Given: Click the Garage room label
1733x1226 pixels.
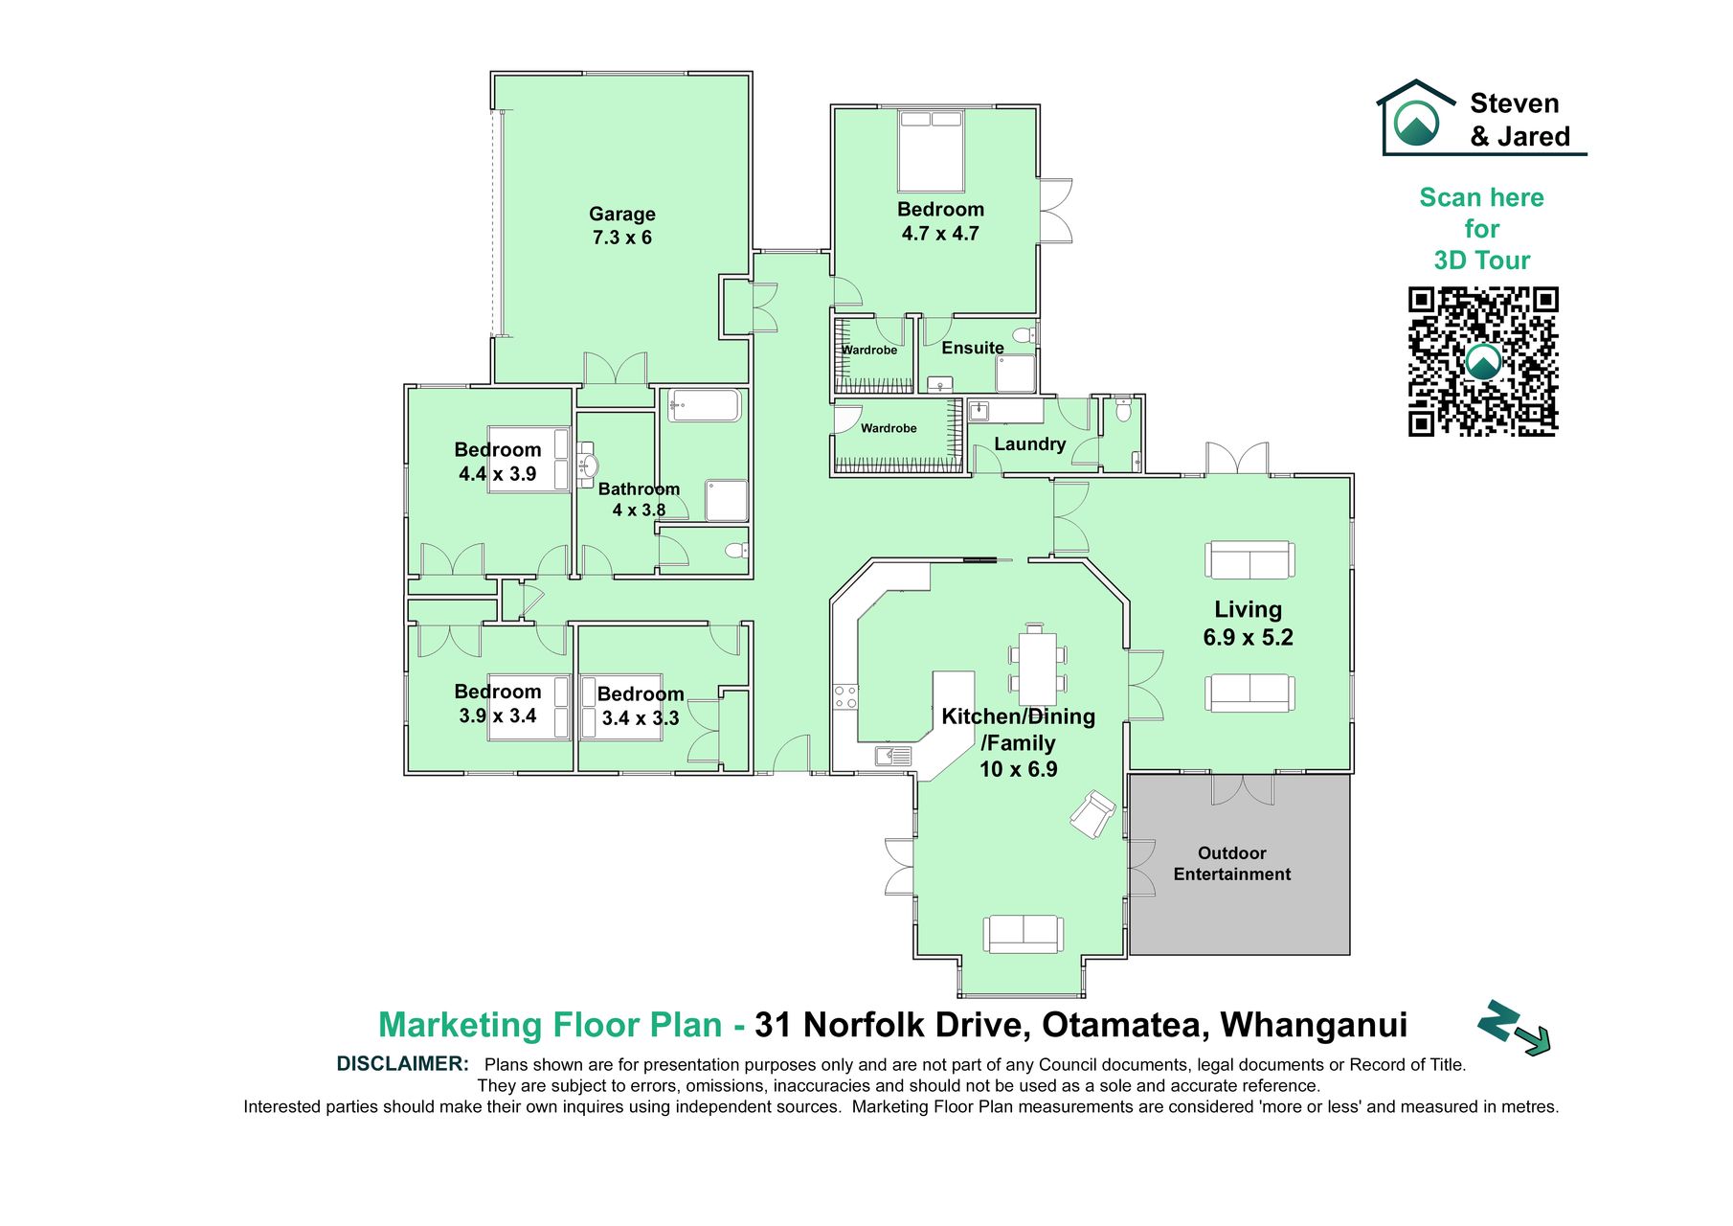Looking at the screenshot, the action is (x=622, y=214).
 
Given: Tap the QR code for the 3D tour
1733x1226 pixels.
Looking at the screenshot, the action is (x=1483, y=361).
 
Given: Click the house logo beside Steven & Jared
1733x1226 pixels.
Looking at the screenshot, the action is (x=1416, y=116).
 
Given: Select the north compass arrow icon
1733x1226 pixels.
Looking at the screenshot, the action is (x=1513, y=1029).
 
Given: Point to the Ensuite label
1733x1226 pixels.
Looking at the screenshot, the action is (x=973, y=348).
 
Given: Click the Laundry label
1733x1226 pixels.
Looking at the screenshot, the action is (x=1029, y=443).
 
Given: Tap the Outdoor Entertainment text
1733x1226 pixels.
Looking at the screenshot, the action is (x=1232, y=863).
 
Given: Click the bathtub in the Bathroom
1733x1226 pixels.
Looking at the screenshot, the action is (x=704, y=405).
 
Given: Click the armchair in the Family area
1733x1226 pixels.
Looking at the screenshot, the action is (x=1092, y=814).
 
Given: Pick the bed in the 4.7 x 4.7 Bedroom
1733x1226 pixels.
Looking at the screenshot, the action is (x=931, y=151).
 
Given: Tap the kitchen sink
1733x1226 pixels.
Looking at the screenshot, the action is (x=893, y=757).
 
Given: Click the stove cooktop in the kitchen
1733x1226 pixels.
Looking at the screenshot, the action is (x=845, y=696).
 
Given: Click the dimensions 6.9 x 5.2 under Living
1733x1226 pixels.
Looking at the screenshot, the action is (x=1248, y=637).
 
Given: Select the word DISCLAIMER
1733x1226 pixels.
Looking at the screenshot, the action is (x=402, y=1063).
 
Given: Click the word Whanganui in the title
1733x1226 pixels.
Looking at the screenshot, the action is (x=1314, y=1025).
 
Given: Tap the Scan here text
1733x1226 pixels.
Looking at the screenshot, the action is (x=1481, y=197).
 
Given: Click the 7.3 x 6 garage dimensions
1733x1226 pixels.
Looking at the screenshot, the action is (x=622, y=238).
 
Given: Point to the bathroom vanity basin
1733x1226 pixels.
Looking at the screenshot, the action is (x=586, y=465).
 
